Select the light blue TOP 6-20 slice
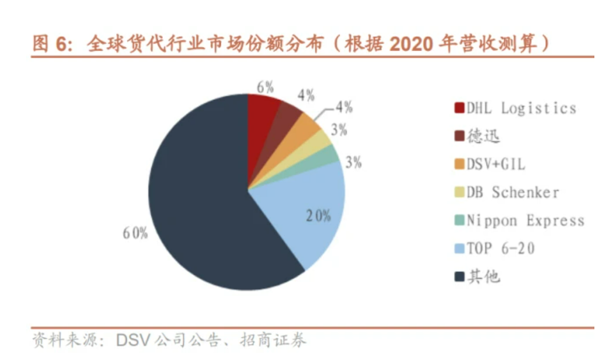[x=302, y=218]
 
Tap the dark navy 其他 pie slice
[x=200, y=206]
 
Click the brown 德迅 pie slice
[x=287, y=117]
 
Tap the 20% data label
[x=318, y=215]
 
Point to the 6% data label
[x=264, y=87]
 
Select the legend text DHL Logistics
[x=521, y=108]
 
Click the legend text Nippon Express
[x=525, y=221]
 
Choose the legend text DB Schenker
[x=512, y=192]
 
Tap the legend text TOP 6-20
[x=500, y=249]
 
